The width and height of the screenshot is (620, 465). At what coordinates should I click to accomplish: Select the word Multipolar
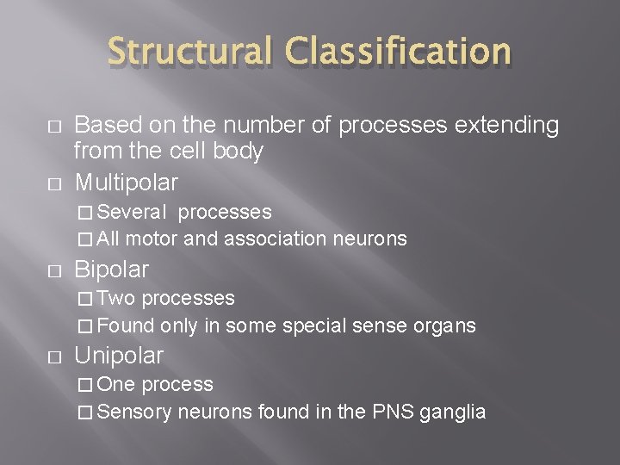[x=127, y=182]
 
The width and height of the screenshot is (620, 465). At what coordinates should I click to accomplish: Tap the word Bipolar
[x=112, y=269]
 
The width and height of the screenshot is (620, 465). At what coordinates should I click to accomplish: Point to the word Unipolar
[x=119, y=355]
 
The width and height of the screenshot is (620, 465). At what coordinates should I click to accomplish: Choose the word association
[x=273, y=239]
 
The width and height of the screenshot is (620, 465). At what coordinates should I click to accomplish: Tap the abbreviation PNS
[x=393, y=412]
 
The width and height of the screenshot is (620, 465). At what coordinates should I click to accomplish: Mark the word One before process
[x=118, y=384]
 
